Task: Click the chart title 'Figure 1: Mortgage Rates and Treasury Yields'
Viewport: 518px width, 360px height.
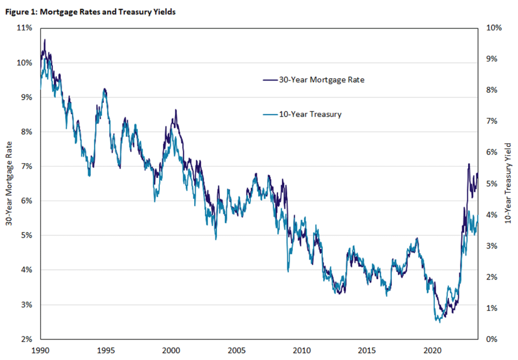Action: pyautogui.click(x=90, y=12)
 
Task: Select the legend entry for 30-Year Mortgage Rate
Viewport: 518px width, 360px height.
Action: pyautogui.click(x=321, y=80)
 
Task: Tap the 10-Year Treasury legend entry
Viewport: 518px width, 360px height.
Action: pyautogui.click(x=310, y=115)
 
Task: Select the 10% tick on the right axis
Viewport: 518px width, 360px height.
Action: pyautogui.click(x=494, y=28)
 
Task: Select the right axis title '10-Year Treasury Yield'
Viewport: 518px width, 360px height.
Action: pyautogui.click(x=508, y=183)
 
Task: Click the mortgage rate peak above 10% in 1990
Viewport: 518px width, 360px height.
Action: pyautogui.click(x=45, y=39)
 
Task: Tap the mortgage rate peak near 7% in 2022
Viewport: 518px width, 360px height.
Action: pyautogui.click(x=469, y=164)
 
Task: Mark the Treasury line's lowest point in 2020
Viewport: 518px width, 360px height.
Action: pyautogui.click(x=440, y=322)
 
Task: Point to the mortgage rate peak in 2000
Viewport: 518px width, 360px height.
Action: pyautogui.click(x=175, y=110)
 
